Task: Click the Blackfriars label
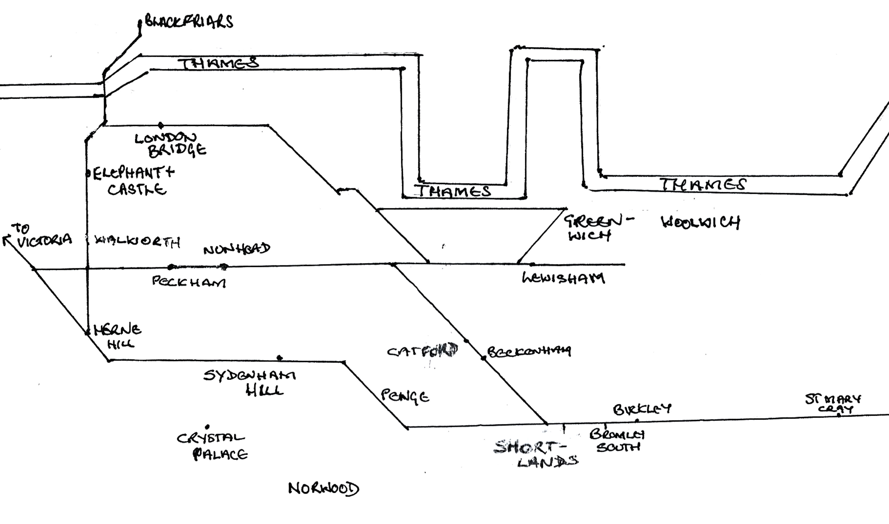189,22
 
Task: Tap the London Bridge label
170,145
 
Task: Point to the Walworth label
138,242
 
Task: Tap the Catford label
423,351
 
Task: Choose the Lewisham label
563,279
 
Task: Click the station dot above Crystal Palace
207,427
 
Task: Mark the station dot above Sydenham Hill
280,358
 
